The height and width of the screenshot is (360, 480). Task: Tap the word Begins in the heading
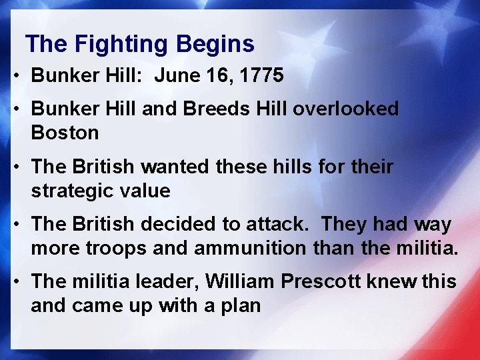215,45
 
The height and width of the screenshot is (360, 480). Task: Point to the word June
175,76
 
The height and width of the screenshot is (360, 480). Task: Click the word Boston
65,133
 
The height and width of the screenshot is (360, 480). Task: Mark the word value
147,191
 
